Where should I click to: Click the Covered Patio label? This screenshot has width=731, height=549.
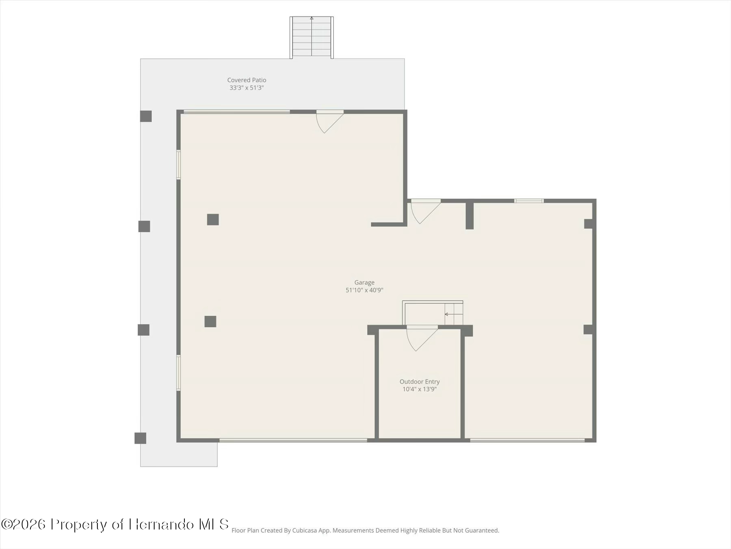[x=247, y=80]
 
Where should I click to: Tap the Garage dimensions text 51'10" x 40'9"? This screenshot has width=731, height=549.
[x=364, y=290]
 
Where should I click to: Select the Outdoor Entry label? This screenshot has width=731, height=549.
[x=420, y=381]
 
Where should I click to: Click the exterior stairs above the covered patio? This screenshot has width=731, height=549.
[x=311, y=37]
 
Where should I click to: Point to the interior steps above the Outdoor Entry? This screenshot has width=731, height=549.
[x=433, y=313]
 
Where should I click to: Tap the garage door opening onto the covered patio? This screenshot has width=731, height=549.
[x=330, y=122]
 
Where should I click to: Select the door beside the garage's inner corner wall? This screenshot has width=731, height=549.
[x=425, y=211]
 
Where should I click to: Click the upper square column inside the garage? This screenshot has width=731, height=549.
[x=213, y=220]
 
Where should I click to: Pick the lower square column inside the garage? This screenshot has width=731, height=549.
[x=210, y=321]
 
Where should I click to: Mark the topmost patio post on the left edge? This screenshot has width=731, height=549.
[x=146, y=116]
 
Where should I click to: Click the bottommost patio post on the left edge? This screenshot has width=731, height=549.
[x=141, y=438]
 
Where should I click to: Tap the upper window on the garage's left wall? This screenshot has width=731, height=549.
[x=178, y=165]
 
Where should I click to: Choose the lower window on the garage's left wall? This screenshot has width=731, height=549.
[x=178, y=373]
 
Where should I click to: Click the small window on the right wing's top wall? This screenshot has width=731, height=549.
[x=529, y=201]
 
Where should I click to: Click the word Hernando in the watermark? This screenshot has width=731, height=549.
[x=162, y=524]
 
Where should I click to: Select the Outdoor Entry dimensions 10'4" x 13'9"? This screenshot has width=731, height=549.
[x=420, y=389]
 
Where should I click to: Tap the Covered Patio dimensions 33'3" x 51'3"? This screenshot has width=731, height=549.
[x=247, y=88]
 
